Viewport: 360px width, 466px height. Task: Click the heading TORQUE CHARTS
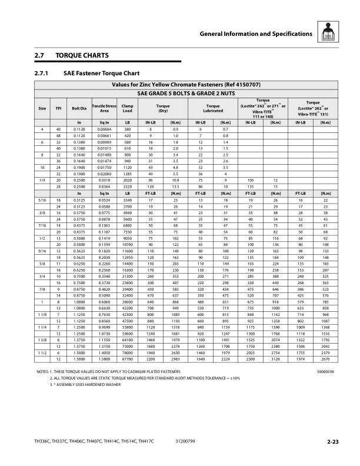82,55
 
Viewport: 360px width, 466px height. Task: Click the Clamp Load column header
128,108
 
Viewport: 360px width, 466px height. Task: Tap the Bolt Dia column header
79,108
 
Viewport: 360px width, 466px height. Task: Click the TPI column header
58,108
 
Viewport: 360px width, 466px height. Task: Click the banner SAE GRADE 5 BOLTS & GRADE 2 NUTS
186,93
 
